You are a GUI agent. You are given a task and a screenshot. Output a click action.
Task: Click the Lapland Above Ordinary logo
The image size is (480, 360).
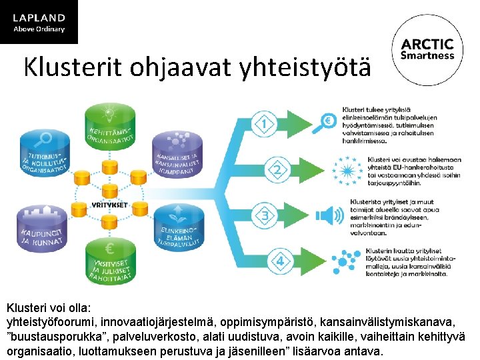[x=39, y=21]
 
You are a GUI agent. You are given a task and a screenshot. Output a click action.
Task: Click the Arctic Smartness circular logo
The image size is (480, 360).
[x=427, y=49]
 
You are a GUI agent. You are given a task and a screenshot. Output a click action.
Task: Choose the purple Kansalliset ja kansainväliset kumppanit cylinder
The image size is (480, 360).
[x=177, y=159]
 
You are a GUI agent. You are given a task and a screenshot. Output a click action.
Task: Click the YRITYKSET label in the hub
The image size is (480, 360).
[x=110, y=205]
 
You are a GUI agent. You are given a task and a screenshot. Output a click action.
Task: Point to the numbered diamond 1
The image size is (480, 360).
[x=266, y=123]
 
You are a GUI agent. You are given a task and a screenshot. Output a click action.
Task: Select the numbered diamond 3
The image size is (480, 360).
[x=266, y=216]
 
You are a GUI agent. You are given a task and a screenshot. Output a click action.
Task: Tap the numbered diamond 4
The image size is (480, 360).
[x=280, y=261]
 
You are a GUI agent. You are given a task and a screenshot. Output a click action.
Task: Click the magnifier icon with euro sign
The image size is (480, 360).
[x=327, y=122]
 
